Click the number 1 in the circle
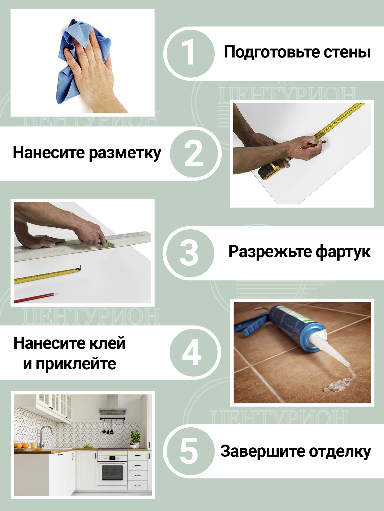click(189, 54)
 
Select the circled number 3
click(189, 253)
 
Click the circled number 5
click(189, 451)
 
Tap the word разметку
click(125, 153)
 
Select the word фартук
click(343, 252)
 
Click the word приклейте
click(76, 364)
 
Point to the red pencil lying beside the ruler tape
click(36, 298)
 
